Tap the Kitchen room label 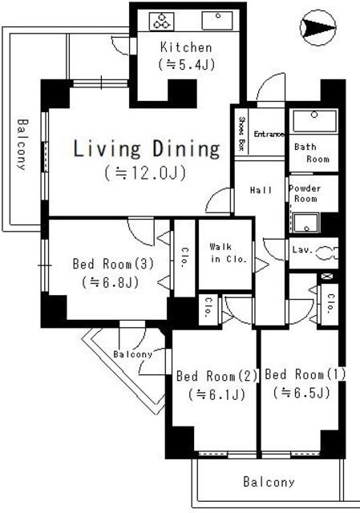click(x=186, y=47)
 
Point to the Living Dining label click(x=147, y=149)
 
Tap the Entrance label click(x=270, y=134)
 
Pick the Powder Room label click(x=304, y=193)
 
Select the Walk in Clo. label click(x=226, y=253)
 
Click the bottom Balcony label click(x=269, y=483)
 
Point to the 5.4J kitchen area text click(x=186, y=63)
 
